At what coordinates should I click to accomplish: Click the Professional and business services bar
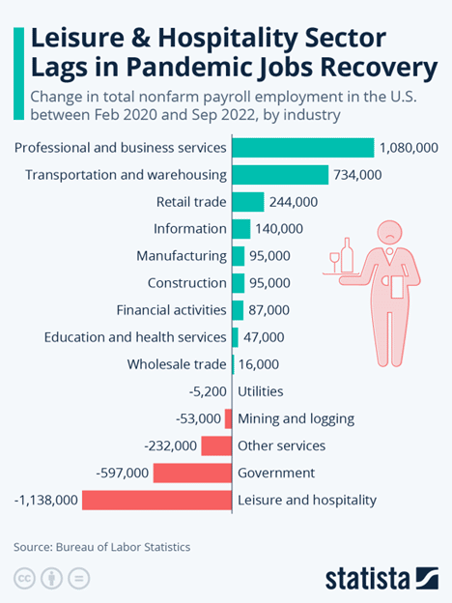pos(303,148)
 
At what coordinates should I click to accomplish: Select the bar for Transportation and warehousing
pos(280,175)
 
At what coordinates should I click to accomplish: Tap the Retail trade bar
pos(248,202)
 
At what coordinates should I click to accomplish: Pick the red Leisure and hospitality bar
pos(157,500)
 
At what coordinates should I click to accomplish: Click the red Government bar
pos(192,473)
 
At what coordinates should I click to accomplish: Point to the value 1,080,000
pos(410,148)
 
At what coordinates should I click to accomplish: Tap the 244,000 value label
pos(295,202)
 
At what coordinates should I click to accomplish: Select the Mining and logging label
pos(296,418)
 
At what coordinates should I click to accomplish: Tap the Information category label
pos(189,229)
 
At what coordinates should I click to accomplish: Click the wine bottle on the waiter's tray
pos(347,253)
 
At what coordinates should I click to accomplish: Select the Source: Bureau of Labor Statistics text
pos(102,547)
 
